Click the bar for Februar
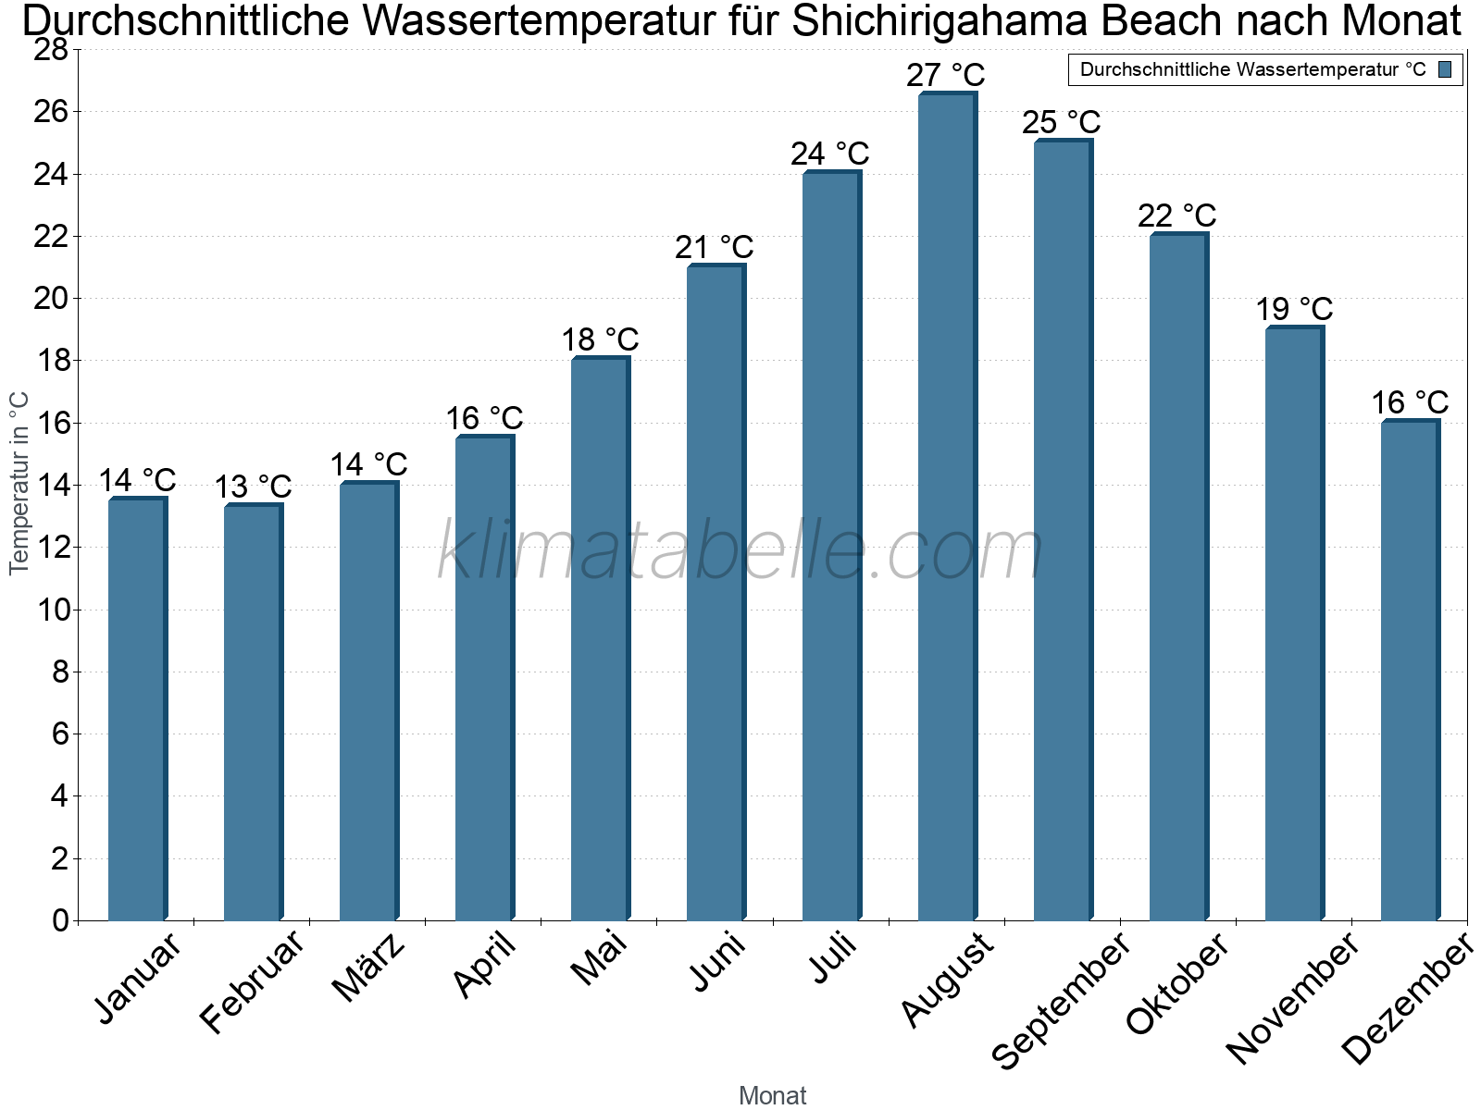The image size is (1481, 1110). [x=253, y=712]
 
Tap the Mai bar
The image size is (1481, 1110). [x=600, y=638]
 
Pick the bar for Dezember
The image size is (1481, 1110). [x=1410, y=671]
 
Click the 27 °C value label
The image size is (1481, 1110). [x=945, y=75]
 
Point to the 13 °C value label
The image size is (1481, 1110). [x=253, y=487]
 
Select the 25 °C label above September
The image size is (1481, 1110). [x=1061, y=122]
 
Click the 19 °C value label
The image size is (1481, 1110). [x=1294, y=309]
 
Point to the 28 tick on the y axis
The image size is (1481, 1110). [x=51, y=50]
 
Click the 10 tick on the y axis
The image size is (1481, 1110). [x=51, y=610]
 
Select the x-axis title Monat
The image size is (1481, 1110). [x=772, y=1096]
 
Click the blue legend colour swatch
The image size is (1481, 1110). [x=1445, y=69]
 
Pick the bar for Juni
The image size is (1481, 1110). [x=716, y=592]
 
